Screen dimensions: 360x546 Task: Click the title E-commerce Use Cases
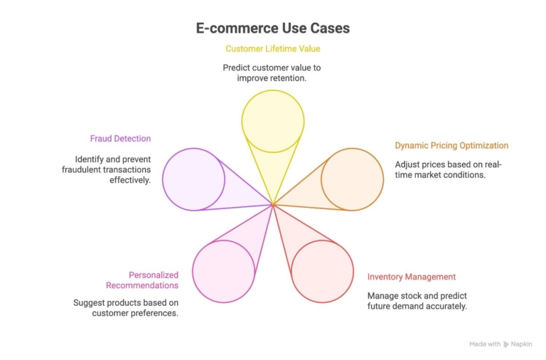[273, 28]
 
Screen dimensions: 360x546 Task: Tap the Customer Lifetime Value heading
[273, 49]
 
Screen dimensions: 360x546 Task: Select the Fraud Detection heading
[120, 139]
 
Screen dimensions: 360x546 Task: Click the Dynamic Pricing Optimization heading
[451, 146]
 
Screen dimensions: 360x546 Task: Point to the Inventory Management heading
[411, 277]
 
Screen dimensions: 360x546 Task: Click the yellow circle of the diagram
[273, 121]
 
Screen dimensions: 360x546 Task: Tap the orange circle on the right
[352, 179]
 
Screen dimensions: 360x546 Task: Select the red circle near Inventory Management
[322, 271]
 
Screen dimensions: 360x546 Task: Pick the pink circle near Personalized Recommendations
[223, 271]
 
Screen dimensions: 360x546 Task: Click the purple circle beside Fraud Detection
[193, 179]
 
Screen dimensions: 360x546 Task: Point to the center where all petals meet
[273, 205]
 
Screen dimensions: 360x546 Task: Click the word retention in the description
[287, 78]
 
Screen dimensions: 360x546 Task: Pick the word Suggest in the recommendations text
[89, 302]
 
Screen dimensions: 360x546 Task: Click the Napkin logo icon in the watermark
[506, 344]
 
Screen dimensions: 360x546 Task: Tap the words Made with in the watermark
[485, 344]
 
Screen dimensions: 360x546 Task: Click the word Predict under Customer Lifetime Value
[237, 68]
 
